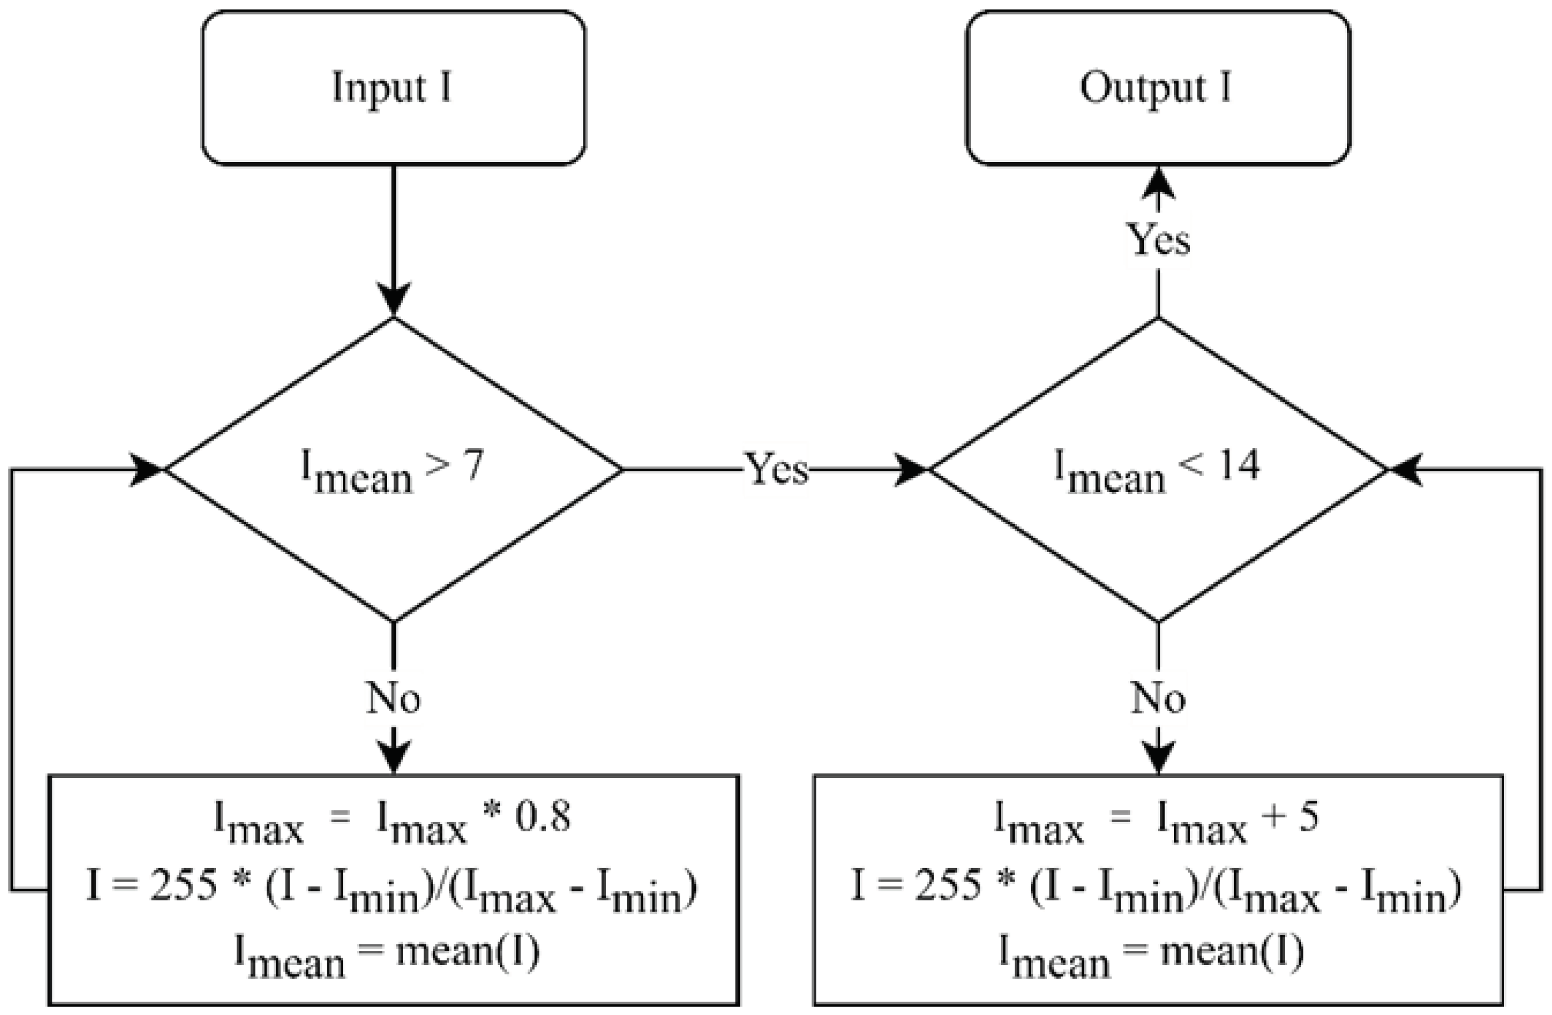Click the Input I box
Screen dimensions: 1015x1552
coord(393,88)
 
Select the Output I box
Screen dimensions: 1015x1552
coord(1157,88)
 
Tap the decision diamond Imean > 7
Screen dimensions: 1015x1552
coord(393,469)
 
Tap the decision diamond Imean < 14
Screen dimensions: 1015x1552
coord(1157,469)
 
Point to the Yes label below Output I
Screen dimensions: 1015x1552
coord(1160,240)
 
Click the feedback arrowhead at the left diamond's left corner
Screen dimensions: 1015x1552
coord(148,469)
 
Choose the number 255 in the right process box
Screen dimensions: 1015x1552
coord(947,885)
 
